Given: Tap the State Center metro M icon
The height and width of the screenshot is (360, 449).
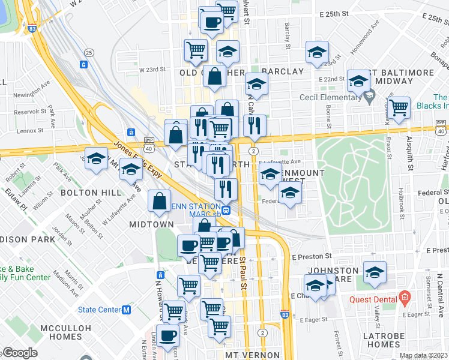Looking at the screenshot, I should (x=127, y=310).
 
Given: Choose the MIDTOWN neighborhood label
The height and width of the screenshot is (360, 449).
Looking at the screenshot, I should (x=151, y=224).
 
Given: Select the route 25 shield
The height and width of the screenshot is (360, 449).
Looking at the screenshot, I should (x=89, y=52).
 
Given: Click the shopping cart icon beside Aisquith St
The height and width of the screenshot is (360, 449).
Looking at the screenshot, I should (x=398, y=109).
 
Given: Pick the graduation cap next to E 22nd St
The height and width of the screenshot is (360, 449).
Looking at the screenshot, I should (x=358, y=80).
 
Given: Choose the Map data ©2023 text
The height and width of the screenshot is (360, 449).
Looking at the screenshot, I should (x=422, y=355).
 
